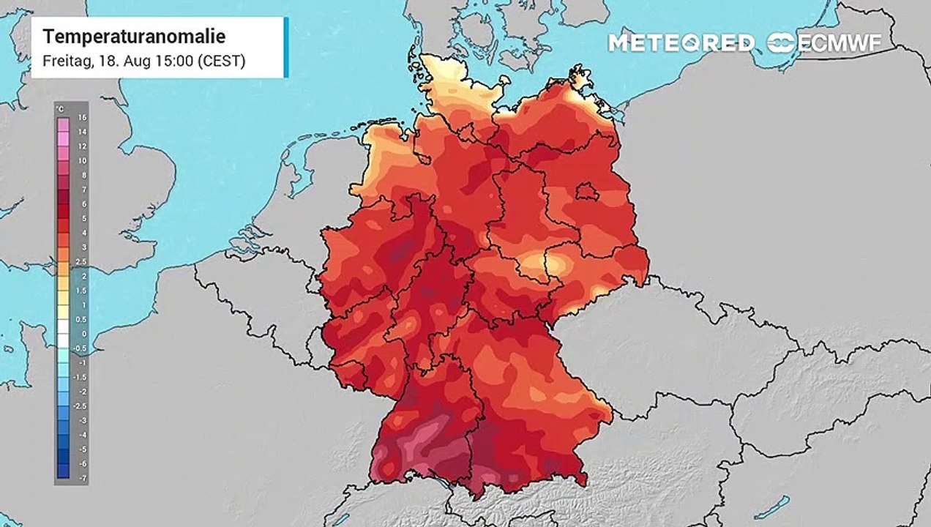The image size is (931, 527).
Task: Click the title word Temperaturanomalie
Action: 133,37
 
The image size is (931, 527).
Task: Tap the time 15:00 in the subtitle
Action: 179,61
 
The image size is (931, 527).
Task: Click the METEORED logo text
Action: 681,43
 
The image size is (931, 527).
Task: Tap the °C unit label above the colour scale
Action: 60,110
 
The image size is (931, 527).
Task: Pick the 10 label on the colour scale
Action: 82,160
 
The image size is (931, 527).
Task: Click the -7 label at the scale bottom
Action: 82,477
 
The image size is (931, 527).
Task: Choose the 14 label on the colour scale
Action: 82,132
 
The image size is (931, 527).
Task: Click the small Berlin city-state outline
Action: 586,193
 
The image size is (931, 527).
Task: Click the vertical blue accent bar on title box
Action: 285,48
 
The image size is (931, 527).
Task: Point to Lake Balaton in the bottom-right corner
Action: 772,506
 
